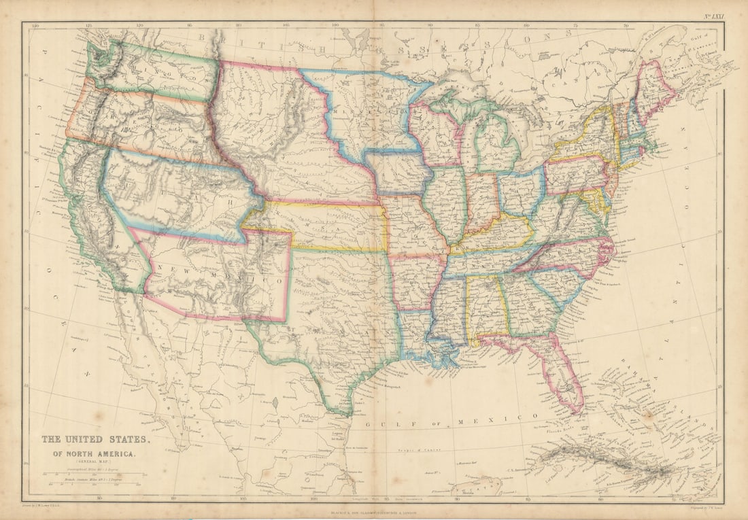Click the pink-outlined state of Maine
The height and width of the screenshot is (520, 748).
[653, 88]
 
